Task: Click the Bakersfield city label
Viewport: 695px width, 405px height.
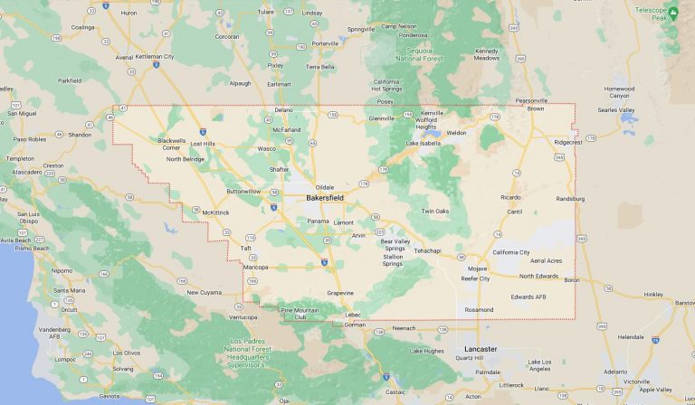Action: [x=325, y=197]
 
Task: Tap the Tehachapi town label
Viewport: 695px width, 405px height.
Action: [x=427, y=250]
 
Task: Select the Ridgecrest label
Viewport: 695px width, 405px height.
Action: [x=568, y=142]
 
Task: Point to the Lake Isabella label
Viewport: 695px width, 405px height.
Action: [x=423, y=143]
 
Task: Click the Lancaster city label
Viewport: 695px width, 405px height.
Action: [x=481, y=348]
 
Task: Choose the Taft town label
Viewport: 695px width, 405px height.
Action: [x=245, y=248]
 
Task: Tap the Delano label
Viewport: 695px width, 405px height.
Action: [x=284, y=109]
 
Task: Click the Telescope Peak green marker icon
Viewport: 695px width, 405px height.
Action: [x=672, y=12]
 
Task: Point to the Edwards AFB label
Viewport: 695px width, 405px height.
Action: [x=528, y=297]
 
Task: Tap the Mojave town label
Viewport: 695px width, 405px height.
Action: [x=477, y=268]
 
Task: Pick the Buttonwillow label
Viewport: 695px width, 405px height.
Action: [x=243, y=191]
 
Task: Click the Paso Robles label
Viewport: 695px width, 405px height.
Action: [x=30, y=139]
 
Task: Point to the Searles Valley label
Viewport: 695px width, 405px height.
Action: [x=616, y=109]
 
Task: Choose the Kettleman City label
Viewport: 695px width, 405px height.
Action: [x=155, y=56]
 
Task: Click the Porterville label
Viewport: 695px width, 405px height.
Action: [x=325, y=43]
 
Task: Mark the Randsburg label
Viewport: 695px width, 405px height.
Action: [x=570, y=198]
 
